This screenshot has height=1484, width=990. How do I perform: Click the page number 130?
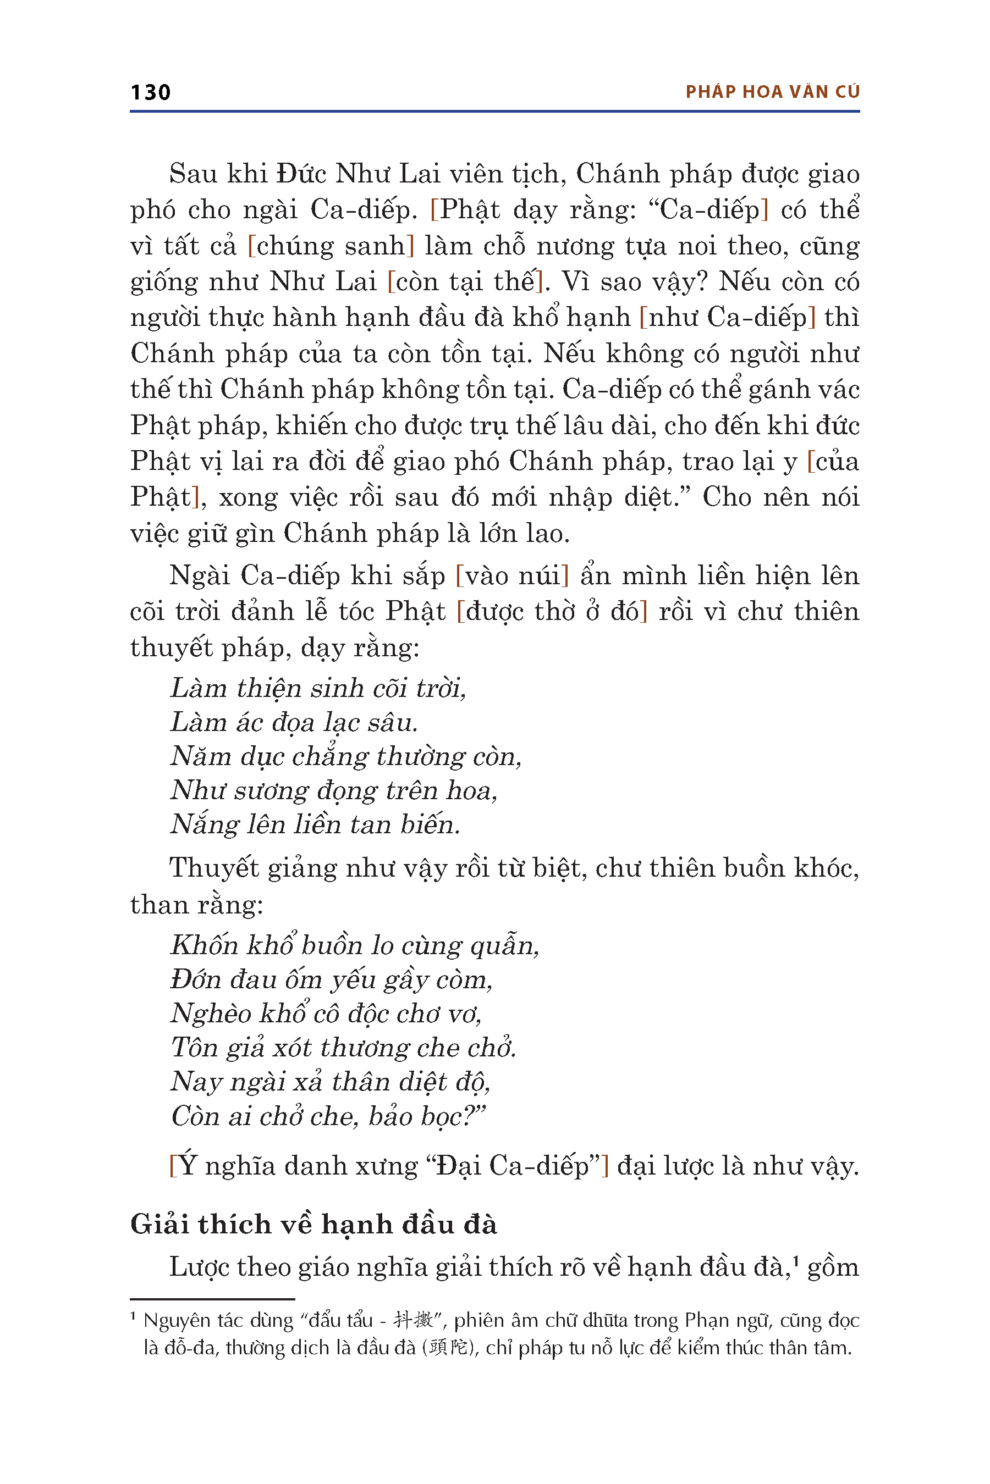coord(150,92)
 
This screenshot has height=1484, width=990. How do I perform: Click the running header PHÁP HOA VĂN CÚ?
coord(772,92)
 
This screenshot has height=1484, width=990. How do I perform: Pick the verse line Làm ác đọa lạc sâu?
coord(294,722)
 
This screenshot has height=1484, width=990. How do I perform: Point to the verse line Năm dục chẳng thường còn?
coord(346,756)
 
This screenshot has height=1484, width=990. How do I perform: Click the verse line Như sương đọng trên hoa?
coord(334,790)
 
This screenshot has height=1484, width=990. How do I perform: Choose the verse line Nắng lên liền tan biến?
coord(315,824)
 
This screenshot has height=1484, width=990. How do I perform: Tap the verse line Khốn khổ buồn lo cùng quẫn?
coord(355,945)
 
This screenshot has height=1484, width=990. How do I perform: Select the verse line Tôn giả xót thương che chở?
coord(343,1048)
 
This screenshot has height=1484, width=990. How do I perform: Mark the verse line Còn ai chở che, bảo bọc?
coord(328,1116)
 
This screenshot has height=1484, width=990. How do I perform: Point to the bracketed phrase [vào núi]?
coord(512,575)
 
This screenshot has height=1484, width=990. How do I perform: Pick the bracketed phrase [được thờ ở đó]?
coord(552,611)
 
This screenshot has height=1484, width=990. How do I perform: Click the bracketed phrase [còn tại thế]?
coord(465,281)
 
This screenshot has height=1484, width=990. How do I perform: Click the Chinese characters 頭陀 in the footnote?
coord(449,1348)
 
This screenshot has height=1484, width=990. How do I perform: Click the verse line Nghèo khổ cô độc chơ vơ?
coord(326,1014)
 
